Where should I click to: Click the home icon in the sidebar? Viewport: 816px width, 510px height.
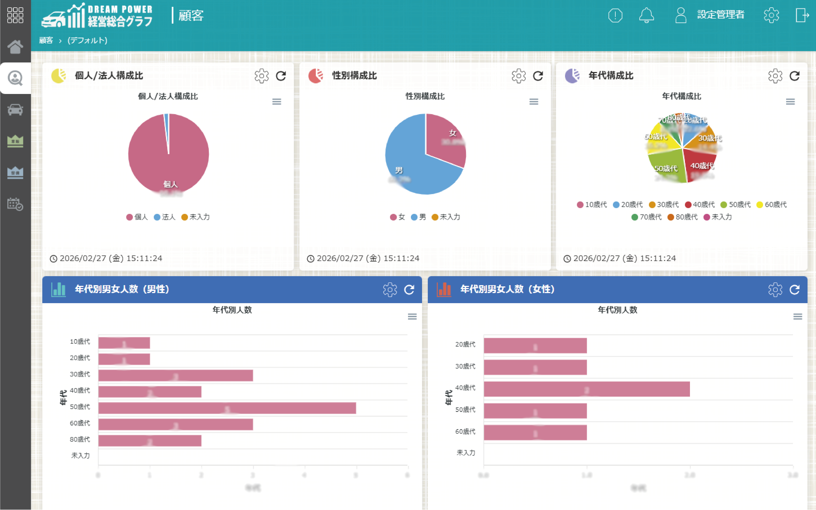pos(15,47)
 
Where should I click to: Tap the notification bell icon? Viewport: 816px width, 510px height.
pos(646,15)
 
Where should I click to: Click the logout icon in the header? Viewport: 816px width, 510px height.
pos(802,15)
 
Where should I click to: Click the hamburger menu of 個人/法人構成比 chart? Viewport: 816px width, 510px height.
pos(277,102)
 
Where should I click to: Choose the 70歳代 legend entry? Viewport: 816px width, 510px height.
pos(647,217)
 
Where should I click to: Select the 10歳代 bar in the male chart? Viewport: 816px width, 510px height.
pos(124,343)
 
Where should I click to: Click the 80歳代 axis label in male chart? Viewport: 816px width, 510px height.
pos(80,439)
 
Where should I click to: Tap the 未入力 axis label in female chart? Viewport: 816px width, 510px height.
pos(466,453)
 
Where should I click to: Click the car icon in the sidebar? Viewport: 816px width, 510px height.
pos(15,110)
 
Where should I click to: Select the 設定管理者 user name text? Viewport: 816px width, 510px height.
pos(721,15)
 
